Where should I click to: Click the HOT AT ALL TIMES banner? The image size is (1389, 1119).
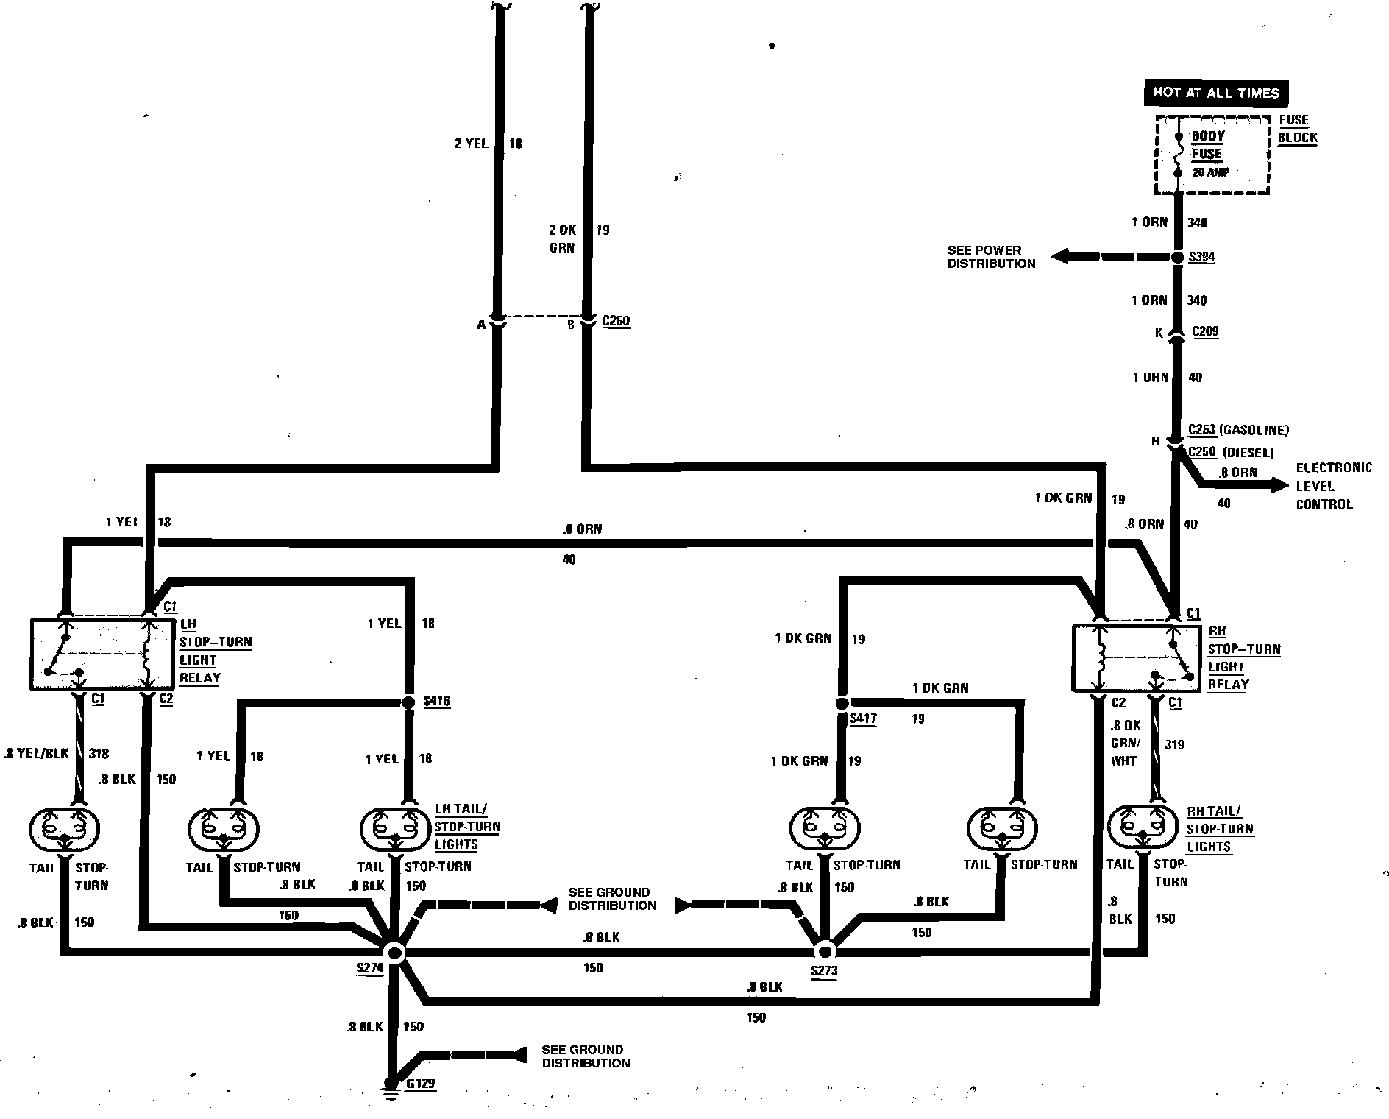tap(1215, 93)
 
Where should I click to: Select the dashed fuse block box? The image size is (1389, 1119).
tap(1212, 155)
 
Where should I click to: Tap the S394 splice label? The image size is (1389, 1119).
tap(1201, 258)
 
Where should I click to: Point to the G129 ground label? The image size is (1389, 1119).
tap(420, 1084)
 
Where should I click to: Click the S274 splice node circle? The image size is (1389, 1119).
tap(395, 953)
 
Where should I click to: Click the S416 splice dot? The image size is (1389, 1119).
tap(409, 702)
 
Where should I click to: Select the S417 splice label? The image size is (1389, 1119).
tap(862, 719)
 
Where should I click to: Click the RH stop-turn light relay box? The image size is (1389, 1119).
tap(1137, 658)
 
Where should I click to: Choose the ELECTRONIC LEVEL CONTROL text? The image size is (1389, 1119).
tap(1333, 486)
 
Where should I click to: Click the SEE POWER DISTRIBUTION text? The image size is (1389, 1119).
tap(990, 257)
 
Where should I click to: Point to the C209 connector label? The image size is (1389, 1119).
tap(1204, 331)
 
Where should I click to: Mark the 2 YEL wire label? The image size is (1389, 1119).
tap(471, 144)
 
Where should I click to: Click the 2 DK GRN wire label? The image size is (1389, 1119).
tap(563, 239)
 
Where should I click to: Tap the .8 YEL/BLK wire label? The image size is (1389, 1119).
tap(36, 753)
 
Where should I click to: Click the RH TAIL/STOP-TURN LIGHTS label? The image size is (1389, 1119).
tap(1219, 829)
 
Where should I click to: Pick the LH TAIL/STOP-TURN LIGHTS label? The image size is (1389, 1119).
tap(466, 827)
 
